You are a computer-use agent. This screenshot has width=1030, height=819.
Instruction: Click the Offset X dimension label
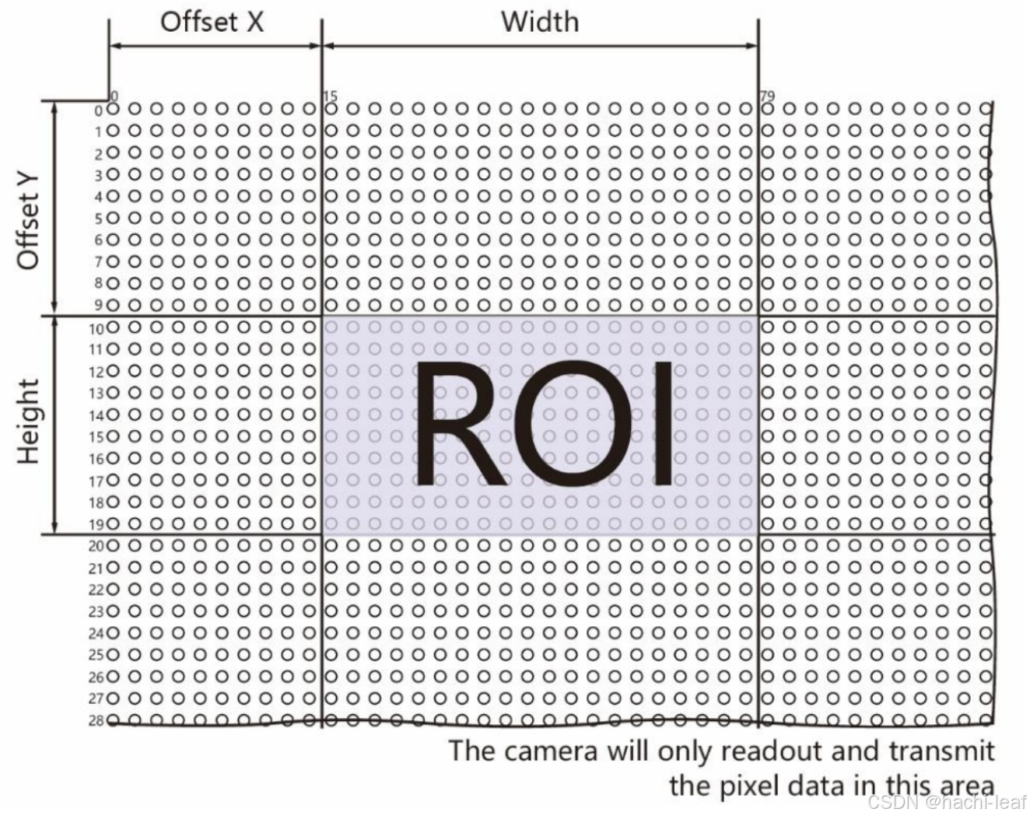(212, 22)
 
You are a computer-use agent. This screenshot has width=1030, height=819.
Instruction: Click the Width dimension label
(540, 22)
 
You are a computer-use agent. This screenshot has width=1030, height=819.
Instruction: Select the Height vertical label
(29, 421)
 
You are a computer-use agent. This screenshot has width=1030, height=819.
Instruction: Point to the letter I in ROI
(663, 425)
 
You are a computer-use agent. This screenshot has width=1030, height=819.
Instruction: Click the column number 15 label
(331, 96)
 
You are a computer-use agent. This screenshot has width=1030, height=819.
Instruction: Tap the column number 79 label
(767, 96)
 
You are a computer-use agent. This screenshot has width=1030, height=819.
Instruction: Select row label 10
(96, 328)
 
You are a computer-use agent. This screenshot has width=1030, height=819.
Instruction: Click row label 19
(96, 525)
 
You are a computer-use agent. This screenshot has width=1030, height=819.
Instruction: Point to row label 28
(96, 721)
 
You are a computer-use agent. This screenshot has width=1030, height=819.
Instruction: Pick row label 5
(99, 219)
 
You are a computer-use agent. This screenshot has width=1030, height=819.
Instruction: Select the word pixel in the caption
(758, 786)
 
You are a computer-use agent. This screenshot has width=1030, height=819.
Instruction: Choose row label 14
(96, 415)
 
